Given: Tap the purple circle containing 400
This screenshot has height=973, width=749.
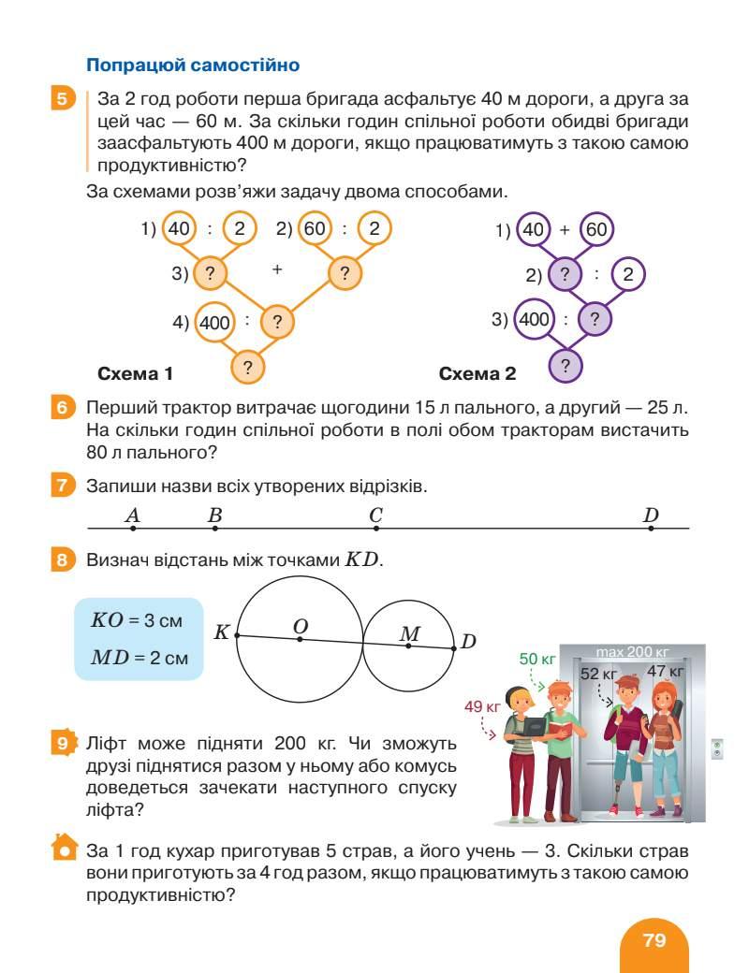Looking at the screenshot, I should click(534, 319).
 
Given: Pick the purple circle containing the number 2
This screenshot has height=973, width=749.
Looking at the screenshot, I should click(627, 275).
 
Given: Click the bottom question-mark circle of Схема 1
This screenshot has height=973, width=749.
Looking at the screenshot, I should click(247, 366).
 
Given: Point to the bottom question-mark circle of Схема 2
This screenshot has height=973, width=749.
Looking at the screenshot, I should click(565, 364).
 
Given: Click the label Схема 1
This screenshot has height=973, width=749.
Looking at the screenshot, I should click(136, 374).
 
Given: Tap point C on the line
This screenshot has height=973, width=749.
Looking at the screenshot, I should click(375, 529).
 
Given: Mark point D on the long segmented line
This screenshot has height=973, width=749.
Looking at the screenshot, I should click(651, 529).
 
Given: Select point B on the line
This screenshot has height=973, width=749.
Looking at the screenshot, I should click(214, 529).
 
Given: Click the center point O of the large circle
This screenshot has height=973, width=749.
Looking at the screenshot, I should click(300, 639).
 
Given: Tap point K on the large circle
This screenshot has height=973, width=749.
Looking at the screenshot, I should click(237, 634).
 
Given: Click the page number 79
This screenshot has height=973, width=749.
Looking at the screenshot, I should click(654, 939).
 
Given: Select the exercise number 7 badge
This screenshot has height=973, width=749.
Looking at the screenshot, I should click(61, 486).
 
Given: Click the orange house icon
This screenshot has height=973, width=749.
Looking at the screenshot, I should click(62, 848).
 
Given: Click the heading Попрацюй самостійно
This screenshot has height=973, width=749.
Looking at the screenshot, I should click(192, 65).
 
